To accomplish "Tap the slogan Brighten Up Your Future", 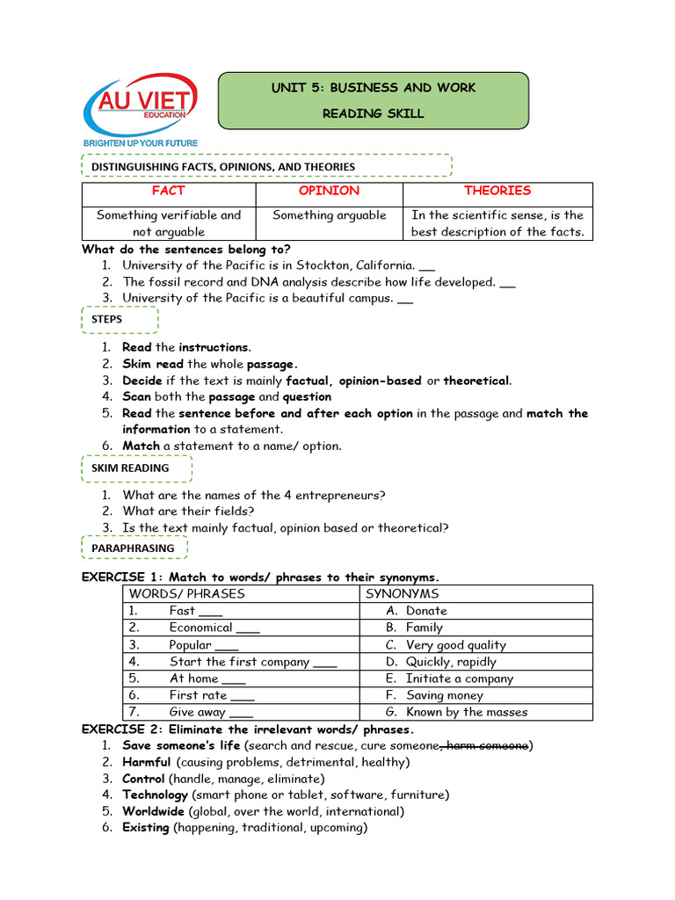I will [x=140, y=142].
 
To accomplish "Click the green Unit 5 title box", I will [x=373, y=100].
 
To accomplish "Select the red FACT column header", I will [x=168, y=191].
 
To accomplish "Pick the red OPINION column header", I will [x=329, y=191].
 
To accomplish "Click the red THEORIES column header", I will [x=497, y=191].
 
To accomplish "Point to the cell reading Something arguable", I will [x=329, y=215].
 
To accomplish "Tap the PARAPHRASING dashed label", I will [x=134, y=548].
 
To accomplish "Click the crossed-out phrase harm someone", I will [x=487, y=745].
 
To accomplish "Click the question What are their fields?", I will [x=188, y=511].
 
